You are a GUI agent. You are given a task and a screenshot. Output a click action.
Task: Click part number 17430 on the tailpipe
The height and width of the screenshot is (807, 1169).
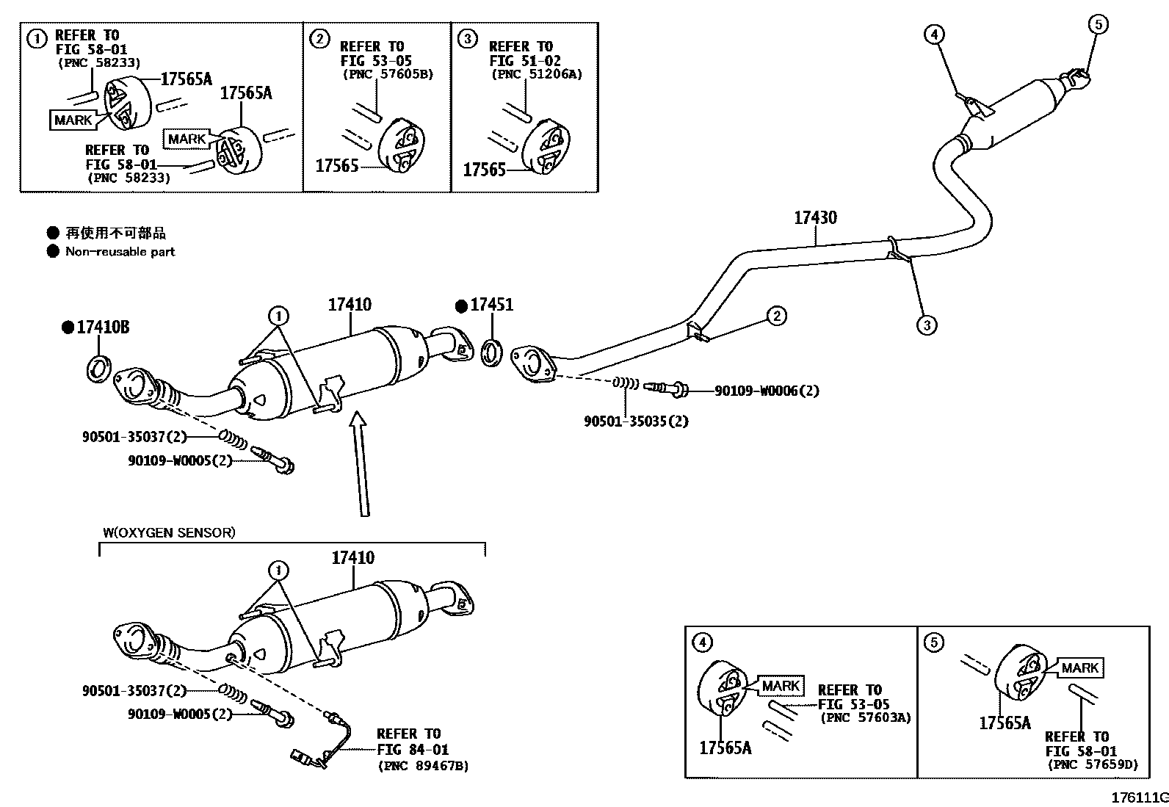[x=815, y=217]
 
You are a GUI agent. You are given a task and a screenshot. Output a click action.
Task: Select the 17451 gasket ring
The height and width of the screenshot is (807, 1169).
[x=491, y=352]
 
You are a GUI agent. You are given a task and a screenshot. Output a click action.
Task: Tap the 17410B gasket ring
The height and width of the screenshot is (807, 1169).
[x=99, y=368]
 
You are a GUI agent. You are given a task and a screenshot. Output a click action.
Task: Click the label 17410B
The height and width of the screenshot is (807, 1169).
[x=102, y=327]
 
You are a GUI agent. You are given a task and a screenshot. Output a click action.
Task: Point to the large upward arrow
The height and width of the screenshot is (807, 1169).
[x=359, y=463]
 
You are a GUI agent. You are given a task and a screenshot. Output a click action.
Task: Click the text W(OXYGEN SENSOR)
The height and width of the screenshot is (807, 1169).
[x=169, y=532]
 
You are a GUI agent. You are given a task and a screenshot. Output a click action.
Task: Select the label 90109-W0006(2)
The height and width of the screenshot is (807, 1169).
[x=767, y=391]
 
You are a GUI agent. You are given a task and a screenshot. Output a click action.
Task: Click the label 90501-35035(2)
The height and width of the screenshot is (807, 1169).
[x=636, y=421]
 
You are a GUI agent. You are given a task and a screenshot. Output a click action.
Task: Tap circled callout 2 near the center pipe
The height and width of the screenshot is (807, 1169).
[x=776, y=316]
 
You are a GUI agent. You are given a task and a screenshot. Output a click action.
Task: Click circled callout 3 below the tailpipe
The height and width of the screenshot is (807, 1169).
[x=927, y=325]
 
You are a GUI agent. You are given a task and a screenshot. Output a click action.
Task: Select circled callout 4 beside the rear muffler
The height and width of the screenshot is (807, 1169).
[x=934, y=34]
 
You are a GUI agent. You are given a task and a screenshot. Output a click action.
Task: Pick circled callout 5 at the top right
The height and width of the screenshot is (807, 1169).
[x=1098, y=24]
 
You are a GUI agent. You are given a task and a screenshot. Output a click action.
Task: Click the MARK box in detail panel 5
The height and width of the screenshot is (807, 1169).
[x=1079, y=667]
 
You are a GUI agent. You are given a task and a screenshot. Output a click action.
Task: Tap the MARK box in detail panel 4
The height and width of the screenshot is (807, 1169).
[x=780, y=686]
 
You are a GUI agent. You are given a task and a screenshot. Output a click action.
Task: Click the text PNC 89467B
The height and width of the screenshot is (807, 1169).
[x=423, y=766]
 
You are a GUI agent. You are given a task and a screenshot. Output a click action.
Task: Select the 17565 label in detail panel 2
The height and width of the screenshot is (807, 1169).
[x=336, y=166]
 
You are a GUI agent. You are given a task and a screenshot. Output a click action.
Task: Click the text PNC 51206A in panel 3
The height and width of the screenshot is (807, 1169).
[x=535, y=74]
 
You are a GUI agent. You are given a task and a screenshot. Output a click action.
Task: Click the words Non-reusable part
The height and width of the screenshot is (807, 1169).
[x=120, y=252]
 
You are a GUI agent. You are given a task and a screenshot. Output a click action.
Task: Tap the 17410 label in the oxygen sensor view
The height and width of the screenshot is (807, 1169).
[x=352, y=558]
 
